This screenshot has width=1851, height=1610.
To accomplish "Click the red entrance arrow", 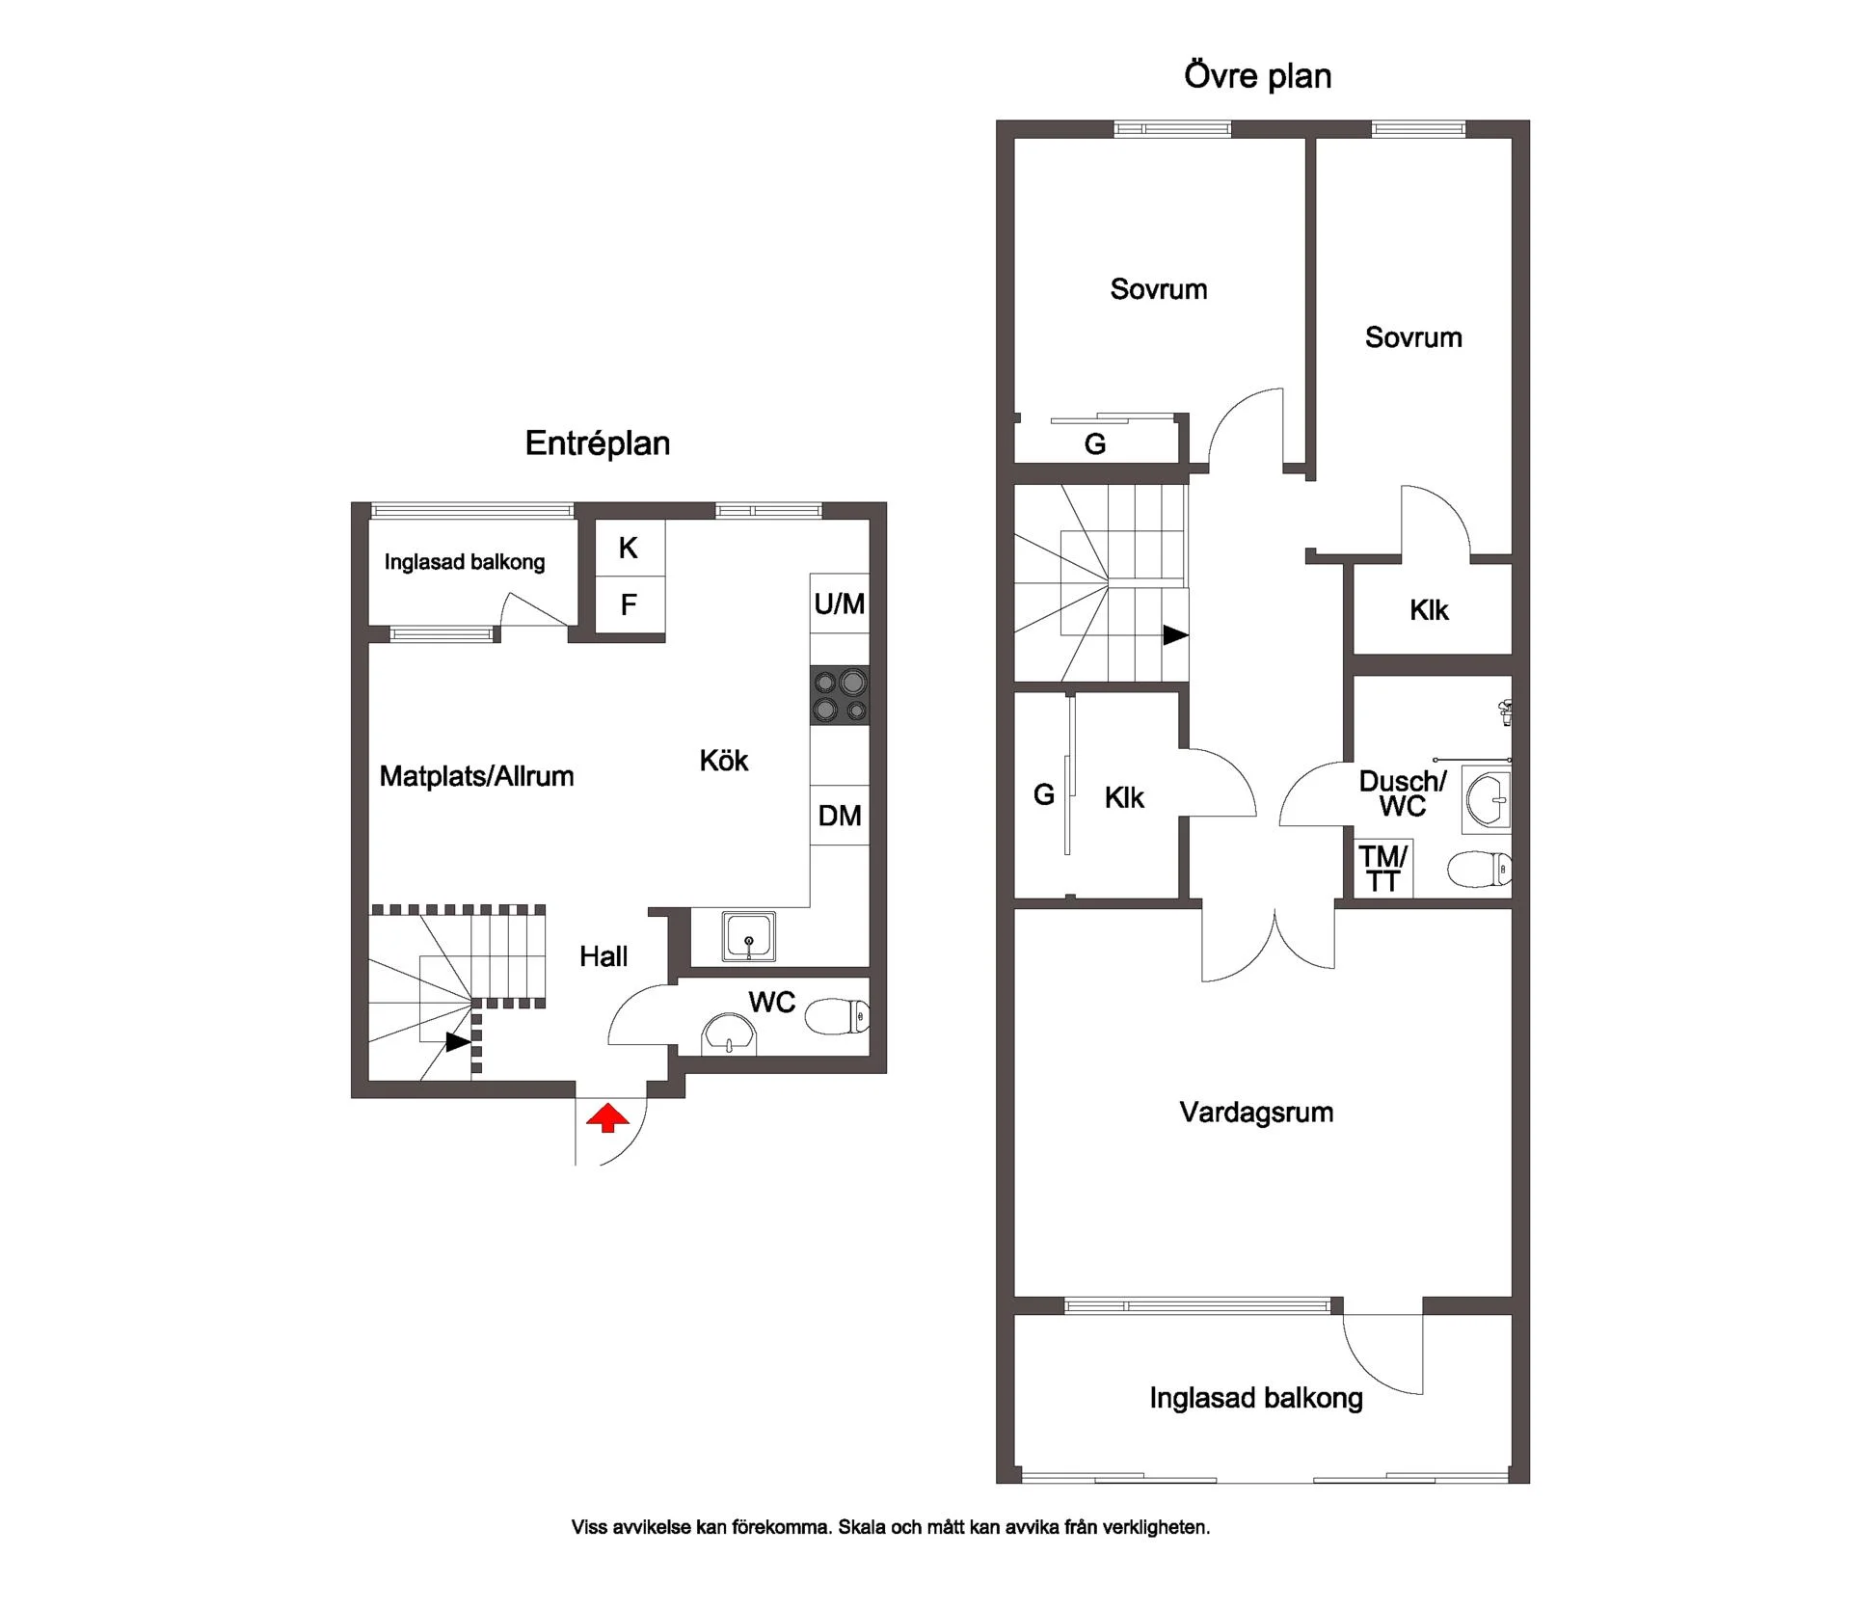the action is click(607, 1118).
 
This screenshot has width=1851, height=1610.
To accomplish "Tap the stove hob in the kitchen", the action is click(840, 696).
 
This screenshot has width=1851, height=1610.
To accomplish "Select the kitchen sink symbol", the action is click(748, 937).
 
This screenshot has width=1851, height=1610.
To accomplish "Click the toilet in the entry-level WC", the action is click(837, 1016).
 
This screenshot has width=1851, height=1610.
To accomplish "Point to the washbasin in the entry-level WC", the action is click(730, 1034).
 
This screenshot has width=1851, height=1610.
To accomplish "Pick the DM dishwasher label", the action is click(840, 816).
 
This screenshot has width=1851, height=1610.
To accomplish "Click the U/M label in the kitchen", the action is click(840, 604).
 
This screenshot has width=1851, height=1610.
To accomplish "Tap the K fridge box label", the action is click(629, 548).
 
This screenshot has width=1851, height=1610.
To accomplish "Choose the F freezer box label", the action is click(629, 604).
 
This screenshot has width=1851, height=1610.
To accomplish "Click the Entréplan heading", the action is click(598, 443).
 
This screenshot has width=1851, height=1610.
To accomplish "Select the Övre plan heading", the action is click(1258, 76).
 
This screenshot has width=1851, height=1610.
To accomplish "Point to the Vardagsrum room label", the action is click(1256, 1113).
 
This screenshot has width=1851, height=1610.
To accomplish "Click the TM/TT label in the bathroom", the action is click(1383, 869).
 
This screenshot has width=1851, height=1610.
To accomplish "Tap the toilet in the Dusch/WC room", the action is click(1479, 870).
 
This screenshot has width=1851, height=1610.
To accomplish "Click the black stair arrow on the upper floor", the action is click(1175, 635).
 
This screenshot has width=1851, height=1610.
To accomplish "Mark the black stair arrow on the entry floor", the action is click(458, 1042).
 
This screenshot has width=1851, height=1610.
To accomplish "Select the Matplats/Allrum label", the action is click(476, 776).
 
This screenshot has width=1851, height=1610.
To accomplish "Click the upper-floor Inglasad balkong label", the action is click(1256, 1399).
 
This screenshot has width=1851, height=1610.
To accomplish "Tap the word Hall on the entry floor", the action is click(604, 956).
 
